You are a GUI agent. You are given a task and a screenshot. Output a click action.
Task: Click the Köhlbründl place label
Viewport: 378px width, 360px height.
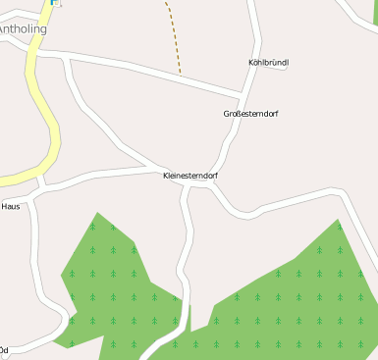pyautogui.click(x=269, y=63)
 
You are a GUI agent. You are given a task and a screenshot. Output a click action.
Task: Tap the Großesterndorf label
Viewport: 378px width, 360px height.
pyautogui.click(x=250, y=114)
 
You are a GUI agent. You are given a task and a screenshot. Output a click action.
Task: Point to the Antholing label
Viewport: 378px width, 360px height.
pyautogui.click(x=23, y=29)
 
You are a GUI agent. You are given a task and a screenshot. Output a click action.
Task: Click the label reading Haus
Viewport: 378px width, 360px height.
pyautogui.click(x=11, y=207)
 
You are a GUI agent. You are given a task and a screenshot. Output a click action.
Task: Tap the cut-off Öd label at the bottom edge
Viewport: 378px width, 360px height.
pyautogui.click(x=4, y=350)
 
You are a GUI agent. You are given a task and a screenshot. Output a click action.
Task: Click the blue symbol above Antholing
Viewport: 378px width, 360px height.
pyautogui.click(x=54, y=3)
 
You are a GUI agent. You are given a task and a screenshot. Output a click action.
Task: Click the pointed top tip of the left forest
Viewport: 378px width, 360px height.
pyautogui.click(x=96, y=213)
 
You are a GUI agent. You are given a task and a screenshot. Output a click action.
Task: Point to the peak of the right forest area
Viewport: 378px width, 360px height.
pyautogui.click(x=339, y=221)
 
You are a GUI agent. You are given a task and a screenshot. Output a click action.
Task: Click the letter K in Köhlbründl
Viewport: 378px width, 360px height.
pyautogui.click(x=252, y=63)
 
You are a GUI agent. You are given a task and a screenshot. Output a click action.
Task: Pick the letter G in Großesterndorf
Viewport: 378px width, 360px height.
pyautogui.click(x=227, y=114)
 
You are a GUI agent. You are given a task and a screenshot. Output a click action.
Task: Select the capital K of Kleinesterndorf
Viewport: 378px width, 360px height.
pyautogui.click(x=165, y=176)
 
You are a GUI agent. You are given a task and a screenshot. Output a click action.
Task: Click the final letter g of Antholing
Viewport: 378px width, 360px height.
pyautogui.click(x=43, y=30)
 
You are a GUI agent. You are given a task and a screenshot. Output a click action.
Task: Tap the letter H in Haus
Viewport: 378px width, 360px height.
pyautogui.click(x=4, y=207)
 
